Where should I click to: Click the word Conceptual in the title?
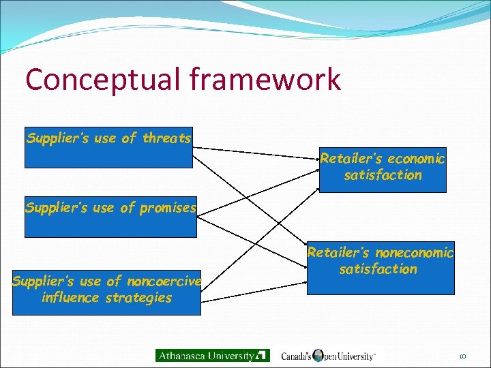tap(101, 80)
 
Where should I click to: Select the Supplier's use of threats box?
tap(108, 147)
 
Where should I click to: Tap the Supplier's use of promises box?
tap(110, 217)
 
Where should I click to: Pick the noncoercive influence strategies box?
tap(106, 290)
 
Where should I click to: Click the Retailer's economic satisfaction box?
tap(383, 169)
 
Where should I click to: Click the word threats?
tap(166, 138)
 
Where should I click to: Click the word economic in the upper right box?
tap(416, 159)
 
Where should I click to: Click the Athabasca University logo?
tap(212, 355)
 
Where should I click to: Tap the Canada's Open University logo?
tap(328, 355)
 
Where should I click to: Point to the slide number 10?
tap(462, 356)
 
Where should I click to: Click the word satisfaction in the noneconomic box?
tap(378, 269)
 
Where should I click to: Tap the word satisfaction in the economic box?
tap(383, 175)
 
